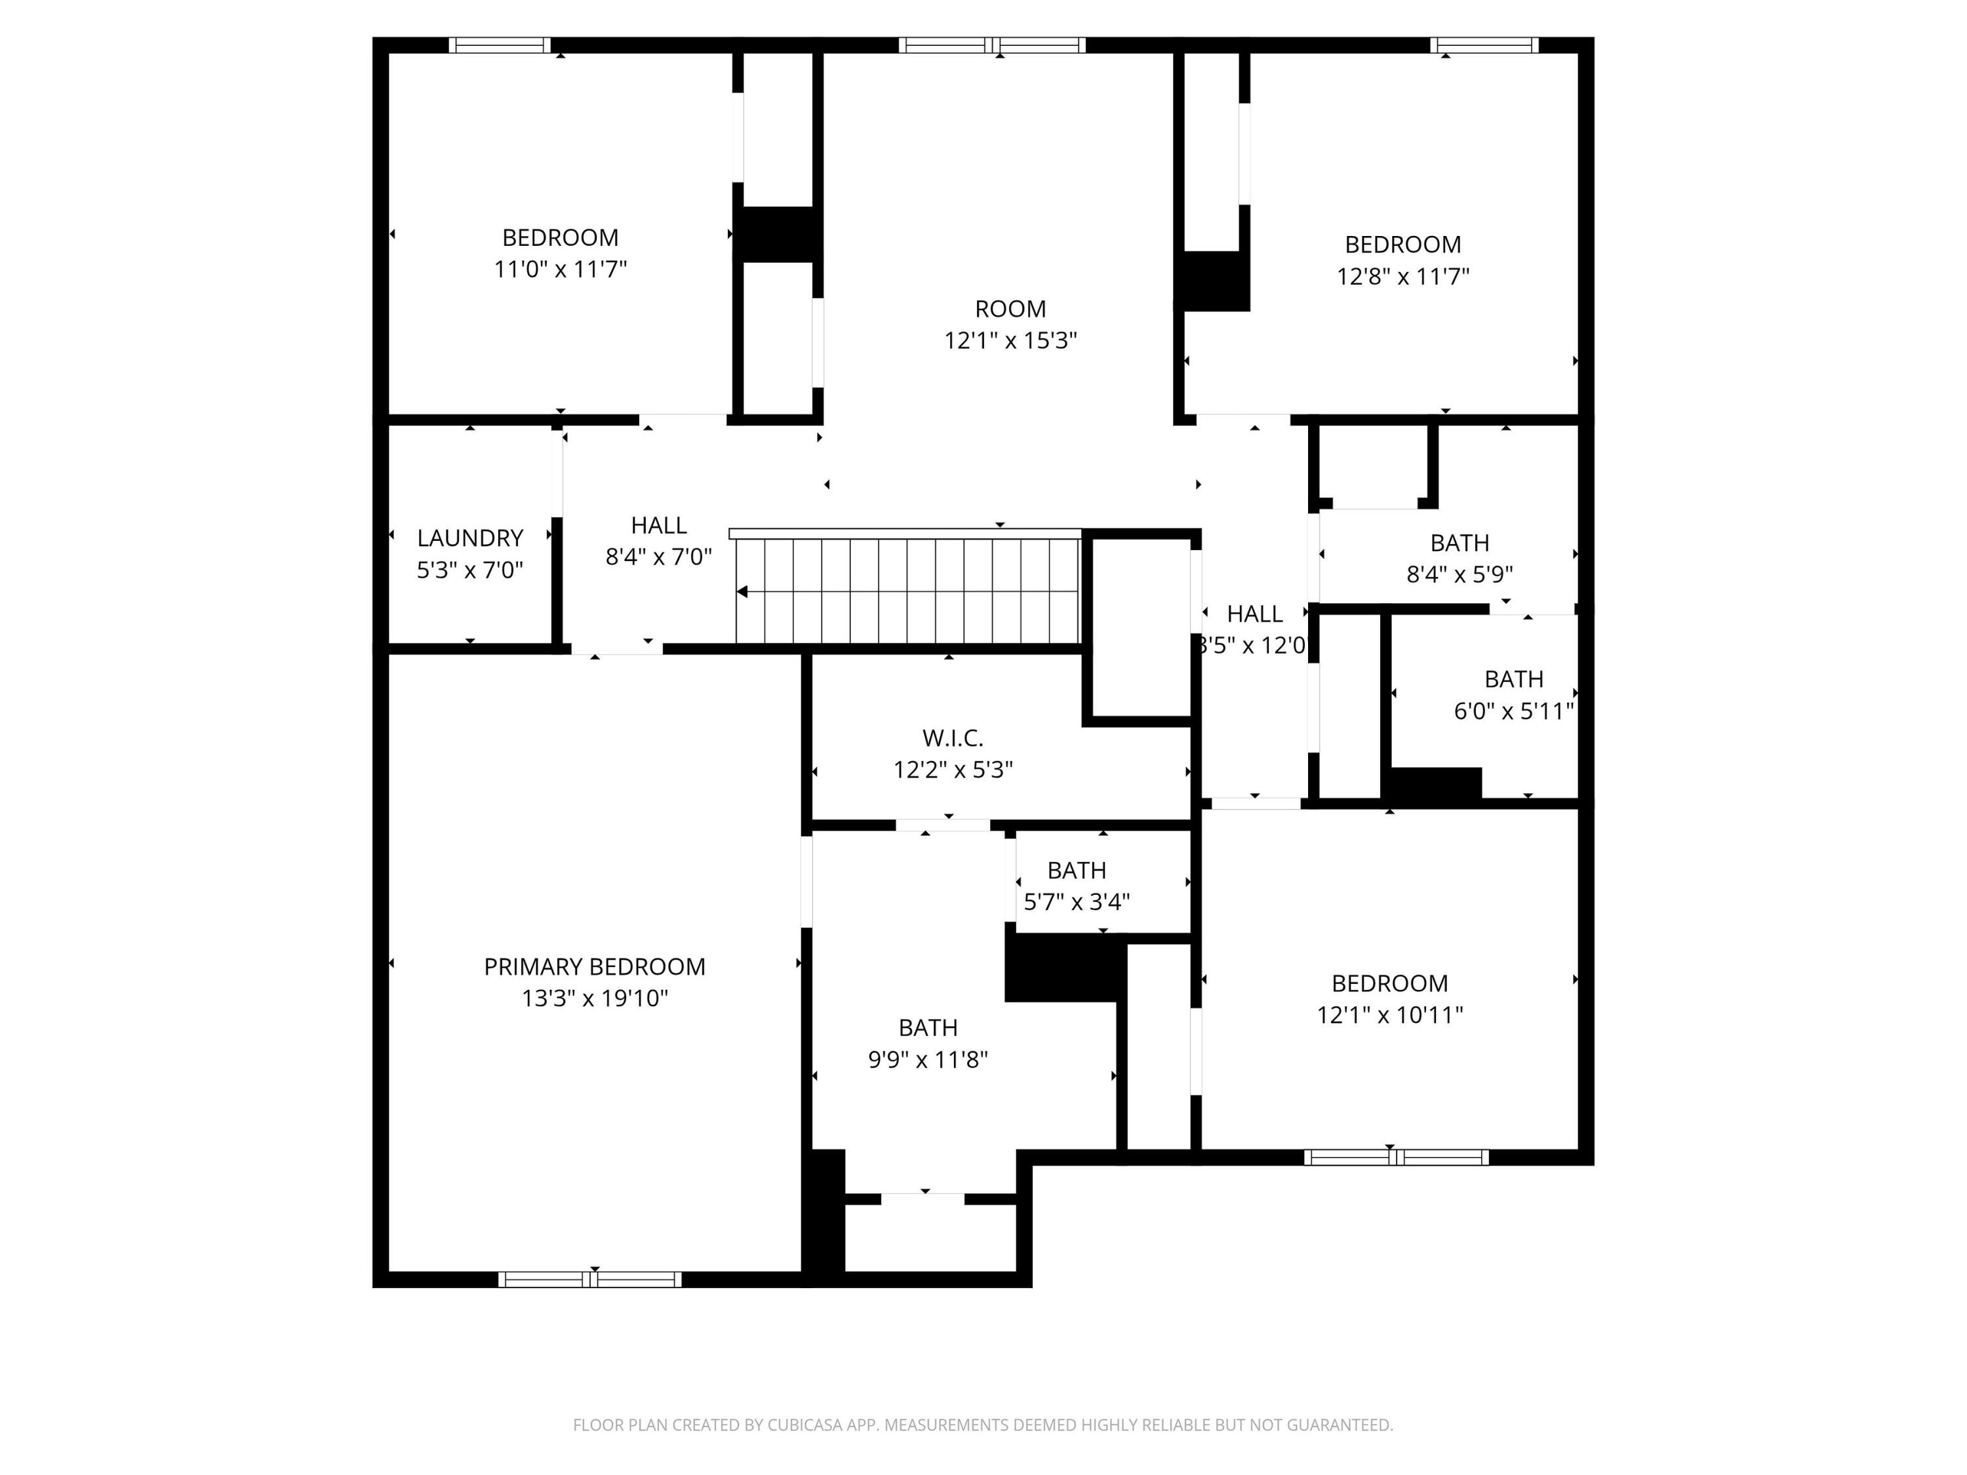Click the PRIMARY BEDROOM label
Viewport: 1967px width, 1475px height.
click(x=594, y=966)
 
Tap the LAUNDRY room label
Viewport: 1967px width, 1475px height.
click(x=469, y=538)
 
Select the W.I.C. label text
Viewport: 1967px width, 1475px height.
click(x=953, y=738)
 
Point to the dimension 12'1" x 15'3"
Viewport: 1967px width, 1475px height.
click(x=1010, y=340)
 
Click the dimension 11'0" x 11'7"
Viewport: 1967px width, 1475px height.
click(x=560, y=269)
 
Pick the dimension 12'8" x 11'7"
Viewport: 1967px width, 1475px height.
click(x=1402, y=277)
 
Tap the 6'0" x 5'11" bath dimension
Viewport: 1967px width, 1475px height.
click(x=1513, y=711)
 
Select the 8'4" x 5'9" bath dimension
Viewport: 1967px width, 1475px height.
click(x=1460, y=574)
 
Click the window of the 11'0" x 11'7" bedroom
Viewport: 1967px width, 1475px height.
click(x=499, y=45)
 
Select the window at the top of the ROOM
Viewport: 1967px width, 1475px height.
click(x=991, y=45)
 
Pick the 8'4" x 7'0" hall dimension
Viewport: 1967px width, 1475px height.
click(x=658, y=557)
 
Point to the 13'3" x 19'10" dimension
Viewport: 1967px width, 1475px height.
click(x=594, y=998)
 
